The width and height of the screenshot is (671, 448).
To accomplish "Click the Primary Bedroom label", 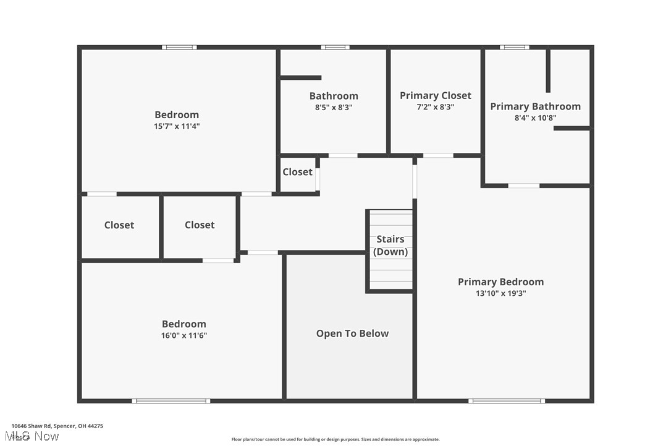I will pos(500,282).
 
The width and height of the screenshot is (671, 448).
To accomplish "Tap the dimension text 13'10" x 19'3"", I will pos(500,294).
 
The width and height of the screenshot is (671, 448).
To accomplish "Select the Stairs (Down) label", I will pos(390,245).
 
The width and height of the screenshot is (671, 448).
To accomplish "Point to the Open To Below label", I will pos(352,334).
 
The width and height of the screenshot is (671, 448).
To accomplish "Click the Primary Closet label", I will pos(435,95).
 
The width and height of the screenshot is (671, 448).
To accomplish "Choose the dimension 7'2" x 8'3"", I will pos(435,107).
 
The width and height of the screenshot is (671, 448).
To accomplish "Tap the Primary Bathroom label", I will pos(535,106).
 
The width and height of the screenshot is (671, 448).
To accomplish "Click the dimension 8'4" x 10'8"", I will pos(535,118).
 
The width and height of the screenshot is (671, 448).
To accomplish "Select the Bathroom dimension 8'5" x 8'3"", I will pos(334,107).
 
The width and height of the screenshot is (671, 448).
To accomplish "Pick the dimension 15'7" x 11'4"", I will pos(177,126).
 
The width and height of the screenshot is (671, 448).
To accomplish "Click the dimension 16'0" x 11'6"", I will pos(184,335).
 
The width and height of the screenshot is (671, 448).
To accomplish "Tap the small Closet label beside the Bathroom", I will pos(297,172).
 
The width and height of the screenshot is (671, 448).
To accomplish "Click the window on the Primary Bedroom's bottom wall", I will pos(506,401).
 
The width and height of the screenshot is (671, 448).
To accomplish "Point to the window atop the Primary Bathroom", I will pos(514,47).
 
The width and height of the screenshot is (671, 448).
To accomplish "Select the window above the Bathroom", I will pos(335,47).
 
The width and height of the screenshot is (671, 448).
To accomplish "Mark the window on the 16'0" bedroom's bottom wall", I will pos(171,401).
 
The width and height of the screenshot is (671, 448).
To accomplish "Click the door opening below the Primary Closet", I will pos(437,155).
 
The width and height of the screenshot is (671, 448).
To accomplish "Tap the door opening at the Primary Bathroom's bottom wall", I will pos(523,186).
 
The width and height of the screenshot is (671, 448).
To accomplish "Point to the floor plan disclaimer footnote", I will pos(335,439).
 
